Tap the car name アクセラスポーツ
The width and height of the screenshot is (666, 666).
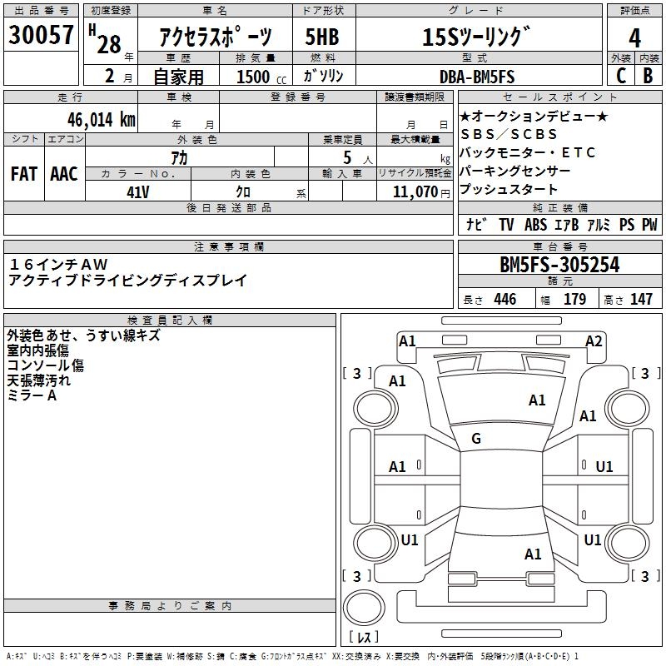215,37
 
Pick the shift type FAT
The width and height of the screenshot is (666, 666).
23,174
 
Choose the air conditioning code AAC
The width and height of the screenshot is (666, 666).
64,174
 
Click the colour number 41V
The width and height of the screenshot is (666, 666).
138,191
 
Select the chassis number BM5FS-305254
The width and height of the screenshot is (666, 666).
559,265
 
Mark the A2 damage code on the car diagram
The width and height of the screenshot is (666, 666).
594,340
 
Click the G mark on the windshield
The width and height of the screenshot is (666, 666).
476,439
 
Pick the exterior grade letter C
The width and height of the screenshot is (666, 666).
619,77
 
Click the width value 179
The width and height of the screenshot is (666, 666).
574,299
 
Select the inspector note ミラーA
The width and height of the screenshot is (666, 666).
32,395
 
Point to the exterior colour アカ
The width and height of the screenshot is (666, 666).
179,157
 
